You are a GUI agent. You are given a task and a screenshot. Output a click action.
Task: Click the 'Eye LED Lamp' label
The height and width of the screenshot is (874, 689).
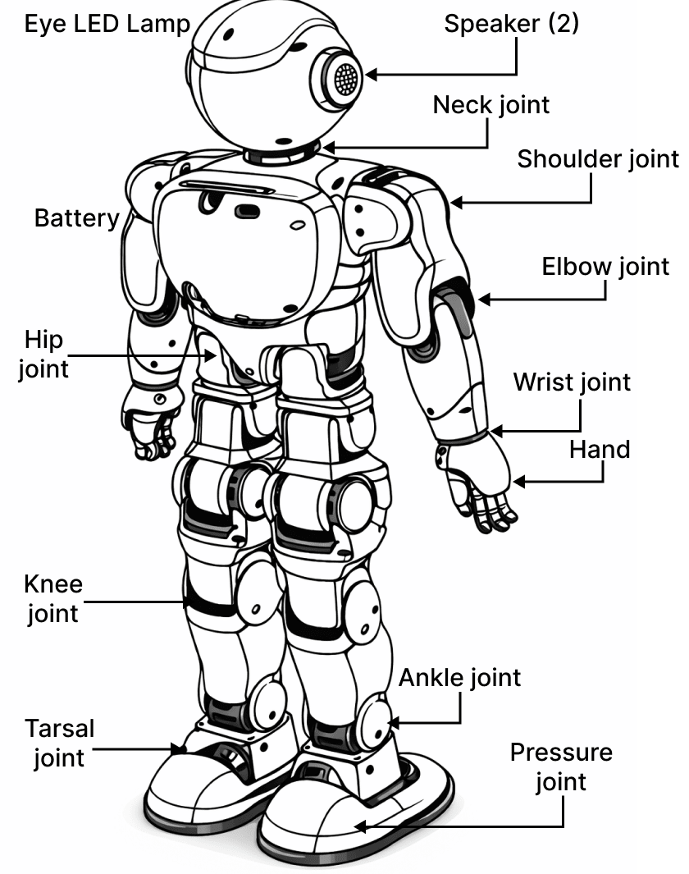coord(107,23)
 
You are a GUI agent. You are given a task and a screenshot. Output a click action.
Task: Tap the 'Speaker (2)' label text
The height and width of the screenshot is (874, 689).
coord(511,23)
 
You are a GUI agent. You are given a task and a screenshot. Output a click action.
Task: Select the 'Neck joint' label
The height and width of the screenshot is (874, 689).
coord(491,105)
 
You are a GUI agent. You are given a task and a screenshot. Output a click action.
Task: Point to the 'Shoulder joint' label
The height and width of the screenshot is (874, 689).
coord(598,159)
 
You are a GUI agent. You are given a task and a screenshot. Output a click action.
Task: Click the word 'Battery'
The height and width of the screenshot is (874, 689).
coord(76,218)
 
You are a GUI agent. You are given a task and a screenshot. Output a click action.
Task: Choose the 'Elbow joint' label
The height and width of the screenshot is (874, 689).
coord(605,267)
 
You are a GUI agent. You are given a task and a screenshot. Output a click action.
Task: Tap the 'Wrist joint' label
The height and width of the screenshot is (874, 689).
coord(572,382)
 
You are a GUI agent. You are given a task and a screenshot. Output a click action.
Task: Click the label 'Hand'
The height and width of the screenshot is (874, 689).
coord(600,450)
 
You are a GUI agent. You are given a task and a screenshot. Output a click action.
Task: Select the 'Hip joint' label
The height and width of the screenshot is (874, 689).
coord(43,354)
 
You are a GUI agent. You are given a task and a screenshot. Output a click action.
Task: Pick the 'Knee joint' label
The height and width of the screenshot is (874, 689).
coord(53,598)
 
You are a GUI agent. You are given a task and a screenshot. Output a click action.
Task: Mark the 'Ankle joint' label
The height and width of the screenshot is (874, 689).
coord(459,678)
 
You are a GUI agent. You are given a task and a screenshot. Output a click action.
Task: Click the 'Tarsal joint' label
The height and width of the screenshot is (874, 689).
coord(59,742)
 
